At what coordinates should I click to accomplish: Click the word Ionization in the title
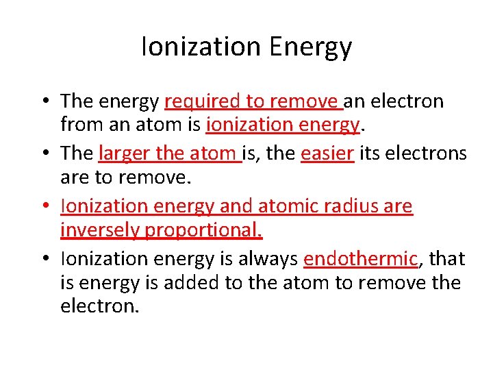click(x=201, y=47)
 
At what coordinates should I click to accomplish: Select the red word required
click(x=203, y=103)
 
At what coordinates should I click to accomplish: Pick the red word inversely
click(x=99, y=230)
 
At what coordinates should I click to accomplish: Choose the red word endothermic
click(x=360, y=259)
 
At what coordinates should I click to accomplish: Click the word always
click(x=271, y=259)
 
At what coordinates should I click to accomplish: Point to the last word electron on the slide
click(x=99, y=306)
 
